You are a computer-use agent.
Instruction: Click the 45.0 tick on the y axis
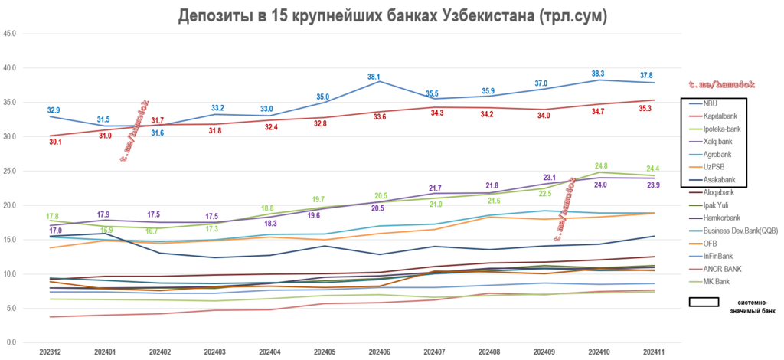[11, 34]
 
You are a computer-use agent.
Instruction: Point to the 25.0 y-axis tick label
[11, 171]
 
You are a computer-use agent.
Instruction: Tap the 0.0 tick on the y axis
[13, 342]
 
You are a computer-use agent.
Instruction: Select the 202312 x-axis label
[51, 352]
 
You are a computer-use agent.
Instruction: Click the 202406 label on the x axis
[380, 352]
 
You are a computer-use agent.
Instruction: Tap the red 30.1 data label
[56, 142]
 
